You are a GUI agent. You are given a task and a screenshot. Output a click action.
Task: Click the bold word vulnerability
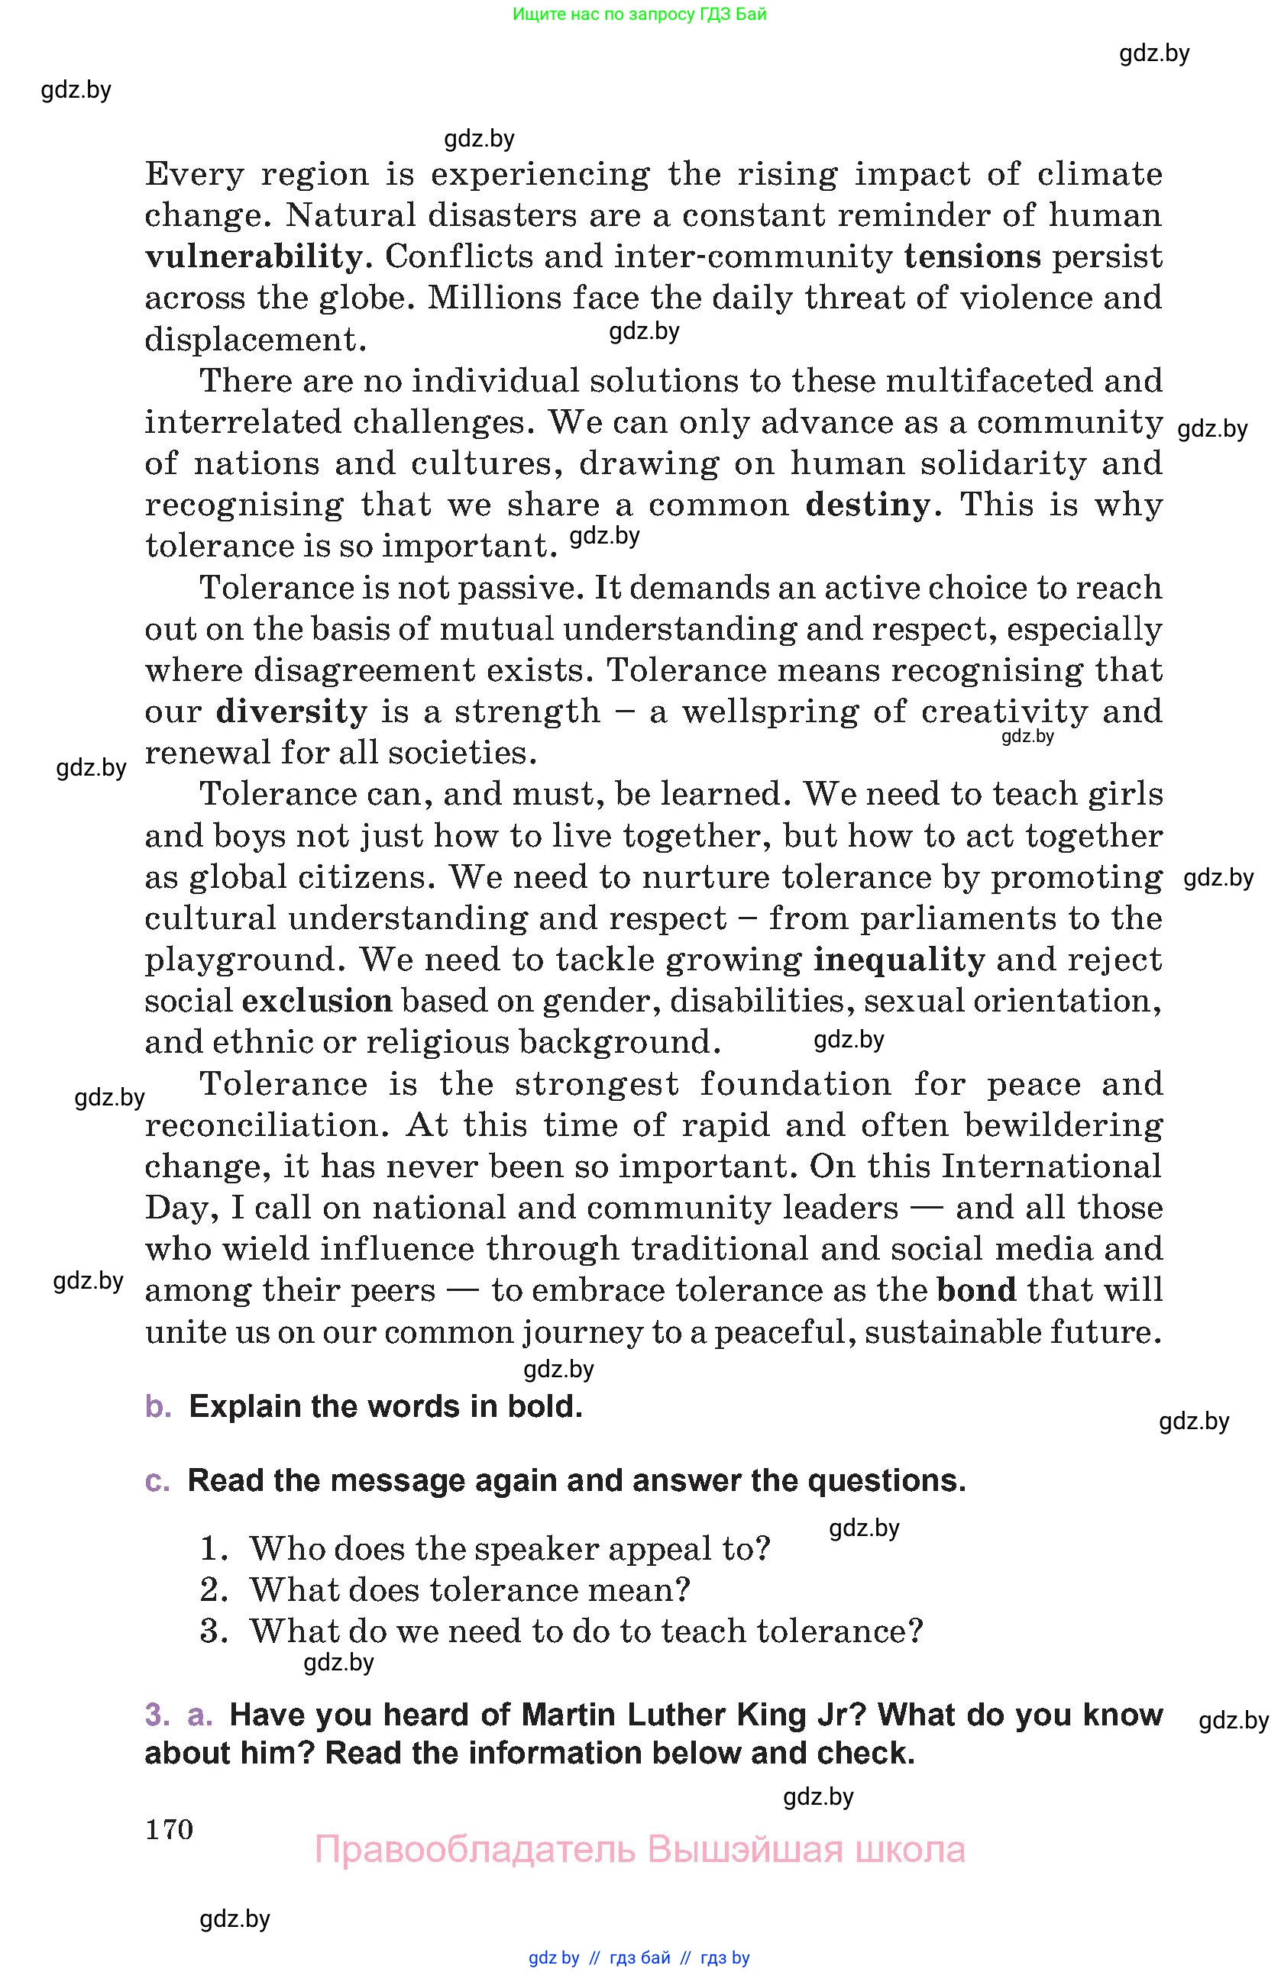coord(253,257)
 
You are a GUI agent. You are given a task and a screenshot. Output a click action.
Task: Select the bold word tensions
coord(972,257)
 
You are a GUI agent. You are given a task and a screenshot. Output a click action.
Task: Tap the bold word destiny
coord(868,505)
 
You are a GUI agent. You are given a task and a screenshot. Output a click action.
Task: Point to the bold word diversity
coord(291,712)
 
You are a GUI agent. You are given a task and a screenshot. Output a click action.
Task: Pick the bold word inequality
coord(898,960)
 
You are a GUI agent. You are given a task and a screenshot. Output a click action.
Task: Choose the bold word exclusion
coord(316,1002)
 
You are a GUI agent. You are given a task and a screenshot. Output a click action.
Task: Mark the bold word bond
coord(976,1290)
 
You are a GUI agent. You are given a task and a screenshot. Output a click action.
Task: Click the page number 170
coord(170,1830)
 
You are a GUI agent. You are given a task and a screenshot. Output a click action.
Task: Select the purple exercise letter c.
coord(157,1481)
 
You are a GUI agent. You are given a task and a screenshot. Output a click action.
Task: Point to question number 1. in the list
coord(213,1549)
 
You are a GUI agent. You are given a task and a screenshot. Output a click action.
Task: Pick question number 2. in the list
coord(213,1591)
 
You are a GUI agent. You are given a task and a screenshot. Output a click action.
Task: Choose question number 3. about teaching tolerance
coord(213,1632)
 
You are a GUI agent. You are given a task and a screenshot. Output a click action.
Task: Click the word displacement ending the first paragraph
coord(255,340)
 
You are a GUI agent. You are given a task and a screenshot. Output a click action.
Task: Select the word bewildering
coord(1063,1126)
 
